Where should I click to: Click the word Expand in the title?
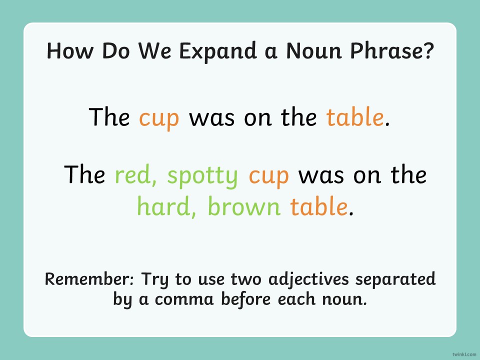tap(217, 51)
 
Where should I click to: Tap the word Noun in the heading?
tap(314, 50)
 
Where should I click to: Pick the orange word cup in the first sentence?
tap(159, 119)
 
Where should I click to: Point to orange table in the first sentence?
tap(355, 116)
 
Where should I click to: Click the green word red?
tap(136, 175)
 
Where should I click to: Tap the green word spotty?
tap(202, 176)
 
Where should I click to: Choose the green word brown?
tap(244, 205)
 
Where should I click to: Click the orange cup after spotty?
tap(269, 176)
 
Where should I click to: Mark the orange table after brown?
tap(318, 205)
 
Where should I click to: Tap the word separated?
tap(395, 279)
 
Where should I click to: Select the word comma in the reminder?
tap(184, 299)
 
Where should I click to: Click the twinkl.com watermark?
tap(464, 354)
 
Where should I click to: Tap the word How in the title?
tap(70, 50)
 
